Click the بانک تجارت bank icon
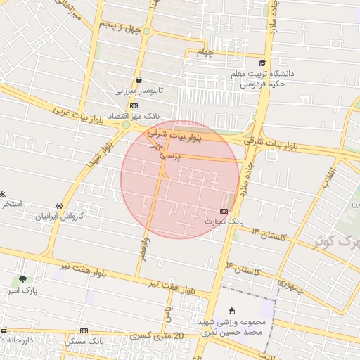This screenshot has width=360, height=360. click(x=224, y=211)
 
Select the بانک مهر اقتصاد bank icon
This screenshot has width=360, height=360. click(x=134, y=106)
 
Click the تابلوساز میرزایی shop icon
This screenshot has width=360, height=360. click(x=139, y=80)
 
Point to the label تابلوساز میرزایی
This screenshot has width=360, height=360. click(x=139, y=91)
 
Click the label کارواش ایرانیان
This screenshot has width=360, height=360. click(x=60, y=216)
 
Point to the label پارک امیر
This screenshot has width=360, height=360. click(x=22, y=290)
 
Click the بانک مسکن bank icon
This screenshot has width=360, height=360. click(x=84, y=330)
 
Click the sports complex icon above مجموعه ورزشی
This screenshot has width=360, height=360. click(x=232, y=311)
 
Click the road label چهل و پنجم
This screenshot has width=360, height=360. click(x=115, y=27)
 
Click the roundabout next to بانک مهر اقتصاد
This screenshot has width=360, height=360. click(x=126, y=125)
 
